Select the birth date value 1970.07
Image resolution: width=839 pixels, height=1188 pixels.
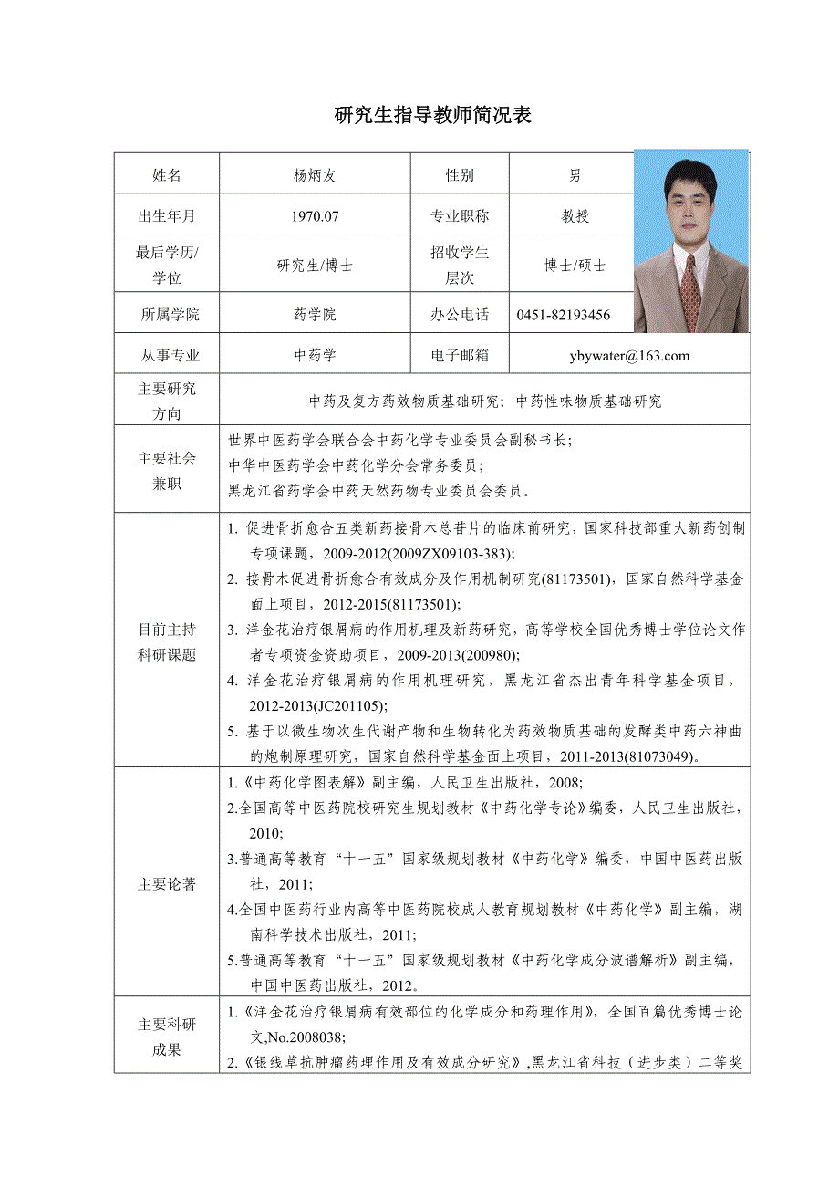click(x=315, y=217)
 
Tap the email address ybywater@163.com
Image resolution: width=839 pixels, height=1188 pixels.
click(x=629, y=356)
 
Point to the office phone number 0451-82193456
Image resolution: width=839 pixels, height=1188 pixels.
click(x=564, y=316)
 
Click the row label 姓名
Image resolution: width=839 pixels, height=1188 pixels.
click(x=167, y=176)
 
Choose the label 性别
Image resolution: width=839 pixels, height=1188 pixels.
click(x=460, y=176)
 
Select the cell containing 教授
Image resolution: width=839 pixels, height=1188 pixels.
click(x=575, y=217)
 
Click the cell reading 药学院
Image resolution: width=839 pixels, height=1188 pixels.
click(x=315, y=316)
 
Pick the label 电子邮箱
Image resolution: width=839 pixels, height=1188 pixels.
click(x=460, y=356)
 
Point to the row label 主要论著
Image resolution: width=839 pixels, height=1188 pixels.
click(x=167, y=884)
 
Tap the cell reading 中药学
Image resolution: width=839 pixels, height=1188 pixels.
click(x=315, y=356)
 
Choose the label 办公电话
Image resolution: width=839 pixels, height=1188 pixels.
click(x=460, y=316)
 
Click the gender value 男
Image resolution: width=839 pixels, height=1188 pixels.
click(x=575, y=176)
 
